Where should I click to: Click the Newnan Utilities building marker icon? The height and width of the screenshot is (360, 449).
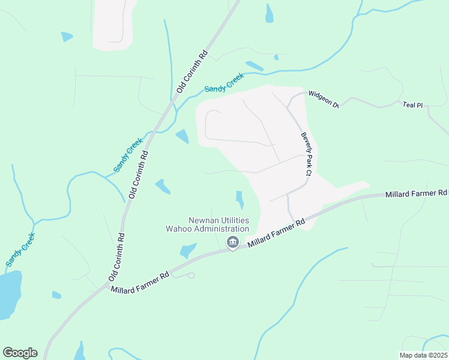click(x=232, y=242)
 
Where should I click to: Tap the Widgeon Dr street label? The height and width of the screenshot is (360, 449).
click(x=324, y=99)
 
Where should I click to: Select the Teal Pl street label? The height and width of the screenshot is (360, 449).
click(x=413, y=105)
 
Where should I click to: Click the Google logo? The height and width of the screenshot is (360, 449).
click(x=20, y=353)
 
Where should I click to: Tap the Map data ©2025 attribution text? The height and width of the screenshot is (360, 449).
click(x=423, y=355)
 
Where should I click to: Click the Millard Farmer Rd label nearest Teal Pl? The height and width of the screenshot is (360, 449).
click(x=417, y=193)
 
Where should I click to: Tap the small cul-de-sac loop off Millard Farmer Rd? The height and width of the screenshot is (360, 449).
click(x=191, y=275)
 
